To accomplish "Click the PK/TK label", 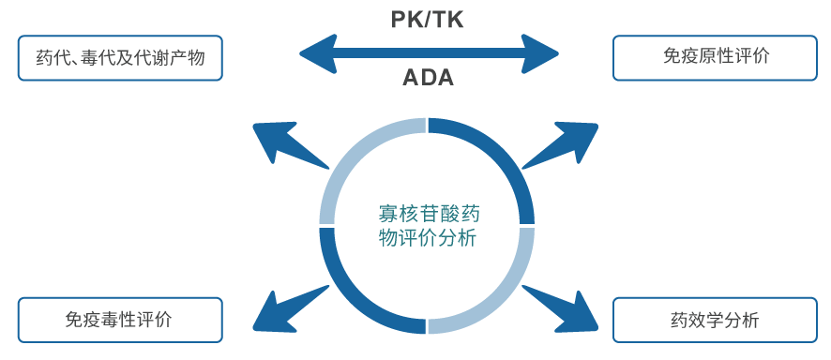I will (x=427, y=19).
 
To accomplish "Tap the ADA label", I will (x=428, y=78).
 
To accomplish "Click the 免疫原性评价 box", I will (x=716, y=57).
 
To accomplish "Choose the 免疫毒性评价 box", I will (x=119, y=320).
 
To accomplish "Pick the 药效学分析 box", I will (x=716, y=320).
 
